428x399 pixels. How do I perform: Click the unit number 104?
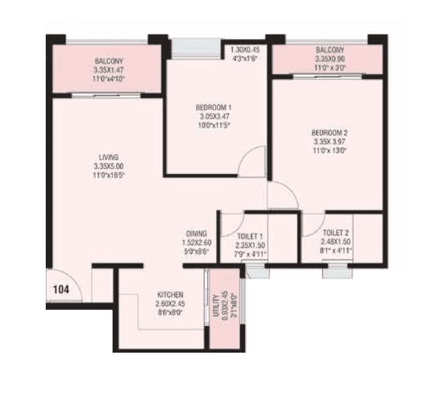pyautogui.click(x=61, y=289)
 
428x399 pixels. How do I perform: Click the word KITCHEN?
pyautogui.click(x=170, y=295)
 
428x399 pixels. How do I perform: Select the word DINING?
pyautogui.click(x=196, y=234)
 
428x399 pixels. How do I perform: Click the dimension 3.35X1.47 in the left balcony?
pyautogui.click(x=109, y=70)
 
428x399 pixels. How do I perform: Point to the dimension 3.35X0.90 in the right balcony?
pyautogui.click(x=329, y=60)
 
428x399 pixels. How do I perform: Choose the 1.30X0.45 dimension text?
pyautogui.click(x=246, y=50)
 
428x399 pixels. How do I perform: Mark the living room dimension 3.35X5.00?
pyautogui.click(x=109, y=166)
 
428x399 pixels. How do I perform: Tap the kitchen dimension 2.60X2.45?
pyautogui.click(x=170, y=304)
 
